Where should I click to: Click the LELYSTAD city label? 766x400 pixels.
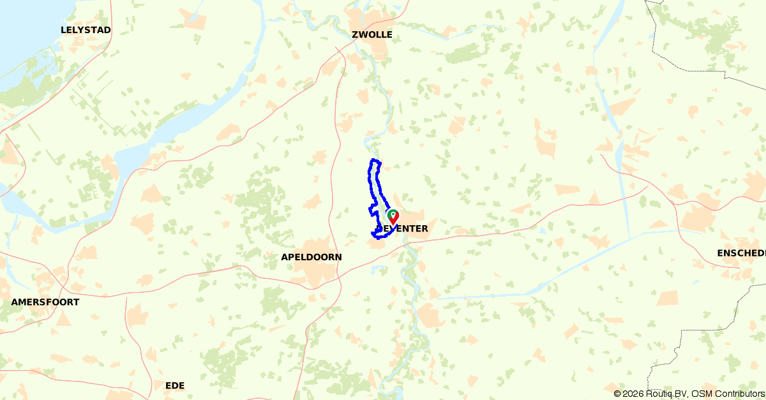point(86,30)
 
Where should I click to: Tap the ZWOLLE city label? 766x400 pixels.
point(372,34)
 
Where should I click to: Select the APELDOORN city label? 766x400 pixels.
point(312,257)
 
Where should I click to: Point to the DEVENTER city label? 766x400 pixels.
point(404,229)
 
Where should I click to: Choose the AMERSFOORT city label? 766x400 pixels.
point(45,302)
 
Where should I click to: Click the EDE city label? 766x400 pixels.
point(175,385)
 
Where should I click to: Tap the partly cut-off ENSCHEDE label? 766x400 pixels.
point(741,253)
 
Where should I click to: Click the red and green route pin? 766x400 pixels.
point(393,216)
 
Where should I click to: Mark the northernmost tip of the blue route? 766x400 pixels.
point(374,159)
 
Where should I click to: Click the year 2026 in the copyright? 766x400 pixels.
point(635,394)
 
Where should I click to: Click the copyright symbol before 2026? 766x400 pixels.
point(617,394)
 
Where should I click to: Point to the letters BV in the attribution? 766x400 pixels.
point(684,394)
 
